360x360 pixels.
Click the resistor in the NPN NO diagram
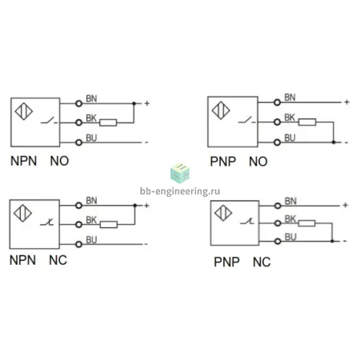pyautogui.click(x=108, y=122)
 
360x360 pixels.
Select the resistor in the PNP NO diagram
pyautogui.click(x=307, y=122)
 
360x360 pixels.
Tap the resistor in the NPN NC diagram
pyautogui.click(x=109, y=225)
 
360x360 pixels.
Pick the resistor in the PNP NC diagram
pyautogui.click(x=306, y=223)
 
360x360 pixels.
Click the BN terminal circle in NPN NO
pyautogui.click(x=78, y=103)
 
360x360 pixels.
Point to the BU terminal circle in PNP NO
pyautogui.click(x=278, y=142)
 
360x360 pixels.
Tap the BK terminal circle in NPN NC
pyautogui.click(x=78, y=225)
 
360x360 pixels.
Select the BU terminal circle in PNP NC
pyautogui.click(x=278, y=242)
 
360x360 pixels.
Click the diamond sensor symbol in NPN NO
pyautogui.click(x=24, y=111)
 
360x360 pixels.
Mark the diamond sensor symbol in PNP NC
pyautogui.click(x=223, y=213)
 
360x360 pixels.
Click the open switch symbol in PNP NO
pyautogui.click(x=246, y=120)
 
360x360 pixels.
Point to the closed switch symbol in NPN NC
pyautogui.click(x=47, y=222)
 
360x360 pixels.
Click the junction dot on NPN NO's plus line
pyautogui.click(x=134, y=103)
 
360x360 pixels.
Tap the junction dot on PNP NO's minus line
pyautogui.click(x=334, y=142)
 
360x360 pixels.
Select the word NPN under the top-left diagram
pyautogui.click(x=23, y=161)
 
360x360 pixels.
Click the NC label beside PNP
pyautogui.click(x=262, y=262)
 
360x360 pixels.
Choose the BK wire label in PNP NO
pyautogui.click(x=290, y=118)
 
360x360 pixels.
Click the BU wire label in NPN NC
pyautogui.click(x=91, y=240)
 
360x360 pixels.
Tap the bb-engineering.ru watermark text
pyautogui.click(x=180, y=191)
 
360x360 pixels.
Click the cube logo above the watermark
pyautogui.click(x=180, y=174)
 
